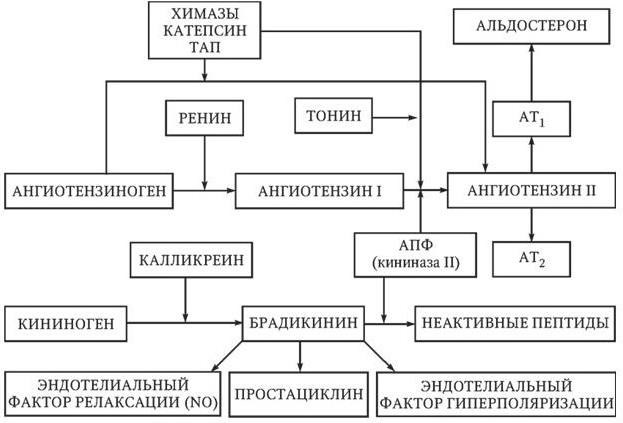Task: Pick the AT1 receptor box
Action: pos(530,119)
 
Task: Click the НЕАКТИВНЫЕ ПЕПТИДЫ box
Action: pos(514,324)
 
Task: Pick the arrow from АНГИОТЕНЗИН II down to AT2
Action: pos(530,221)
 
